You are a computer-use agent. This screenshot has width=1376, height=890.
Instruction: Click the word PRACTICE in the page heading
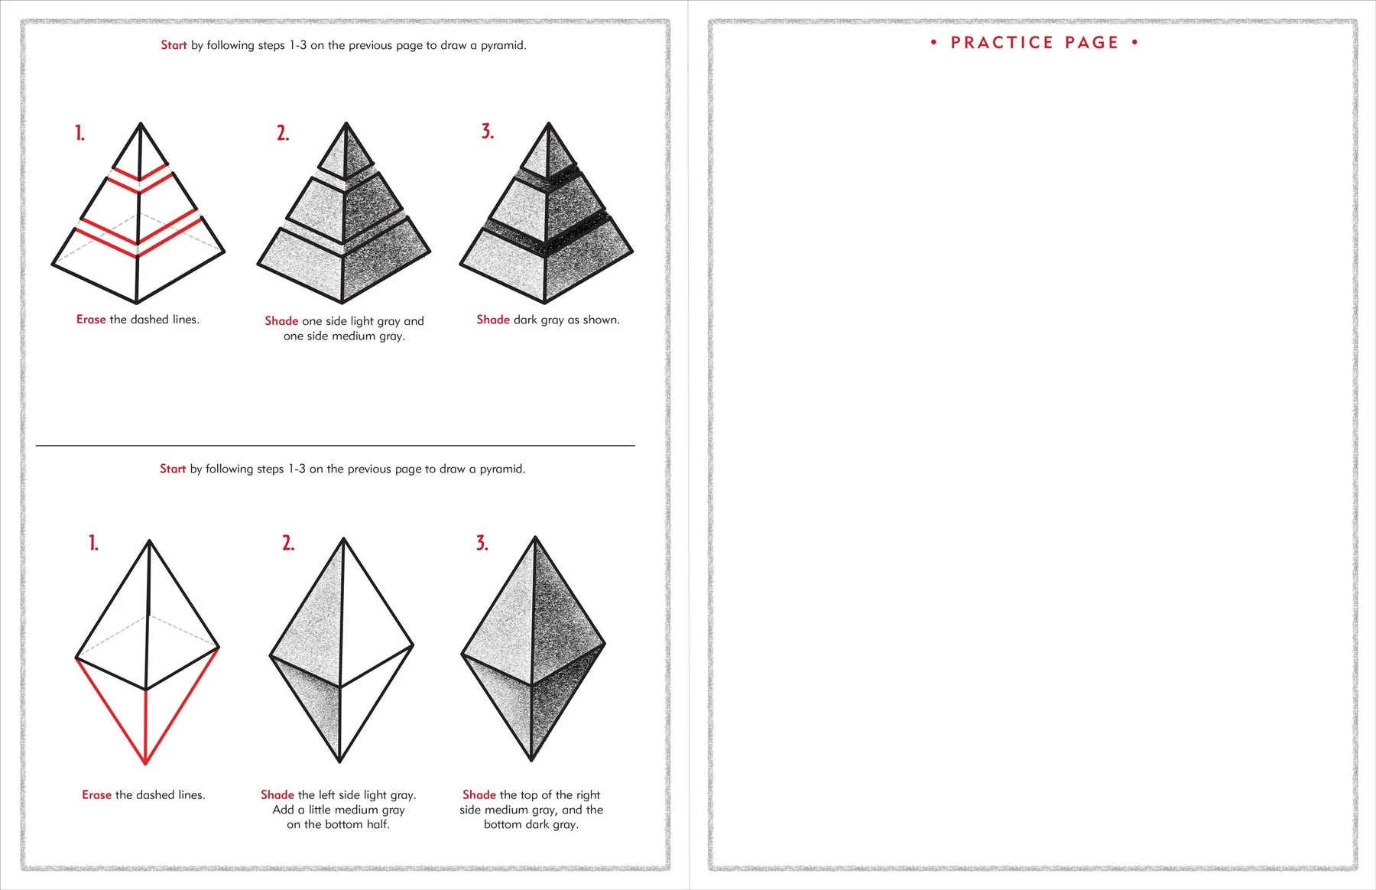click(x=1001, y=43)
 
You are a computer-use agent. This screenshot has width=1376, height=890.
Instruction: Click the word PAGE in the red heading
click(x=1092, y=43)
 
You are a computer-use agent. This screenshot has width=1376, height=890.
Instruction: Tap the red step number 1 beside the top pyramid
click(x=80, y=134)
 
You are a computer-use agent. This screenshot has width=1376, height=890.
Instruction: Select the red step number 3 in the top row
click(x=487, y=132)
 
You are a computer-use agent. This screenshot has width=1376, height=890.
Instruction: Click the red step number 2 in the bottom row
click(x=287, y=544)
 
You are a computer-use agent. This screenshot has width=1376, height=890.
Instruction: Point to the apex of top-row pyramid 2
click(x=346, y=124)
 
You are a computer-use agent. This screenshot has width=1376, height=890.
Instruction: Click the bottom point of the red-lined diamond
click(x=145, y=763)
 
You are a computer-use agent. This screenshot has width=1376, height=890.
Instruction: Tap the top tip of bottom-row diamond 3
click(x=534, y=538)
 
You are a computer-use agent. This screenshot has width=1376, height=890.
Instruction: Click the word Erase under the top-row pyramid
click(x=91, y=320)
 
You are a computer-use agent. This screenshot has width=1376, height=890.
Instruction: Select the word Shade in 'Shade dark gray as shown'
click(x=492, y=320)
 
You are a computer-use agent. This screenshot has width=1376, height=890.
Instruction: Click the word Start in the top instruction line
click(x=174, y=45)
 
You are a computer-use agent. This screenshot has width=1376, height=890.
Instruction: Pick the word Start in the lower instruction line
click(x=173, y=469)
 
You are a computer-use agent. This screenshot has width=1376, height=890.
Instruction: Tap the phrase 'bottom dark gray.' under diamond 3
click(x=531, y=824)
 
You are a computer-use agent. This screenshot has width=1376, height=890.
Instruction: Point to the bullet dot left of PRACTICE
click(x=933, y=43)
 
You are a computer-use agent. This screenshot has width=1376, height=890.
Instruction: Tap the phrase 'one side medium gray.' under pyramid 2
click(x=344, y=336)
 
